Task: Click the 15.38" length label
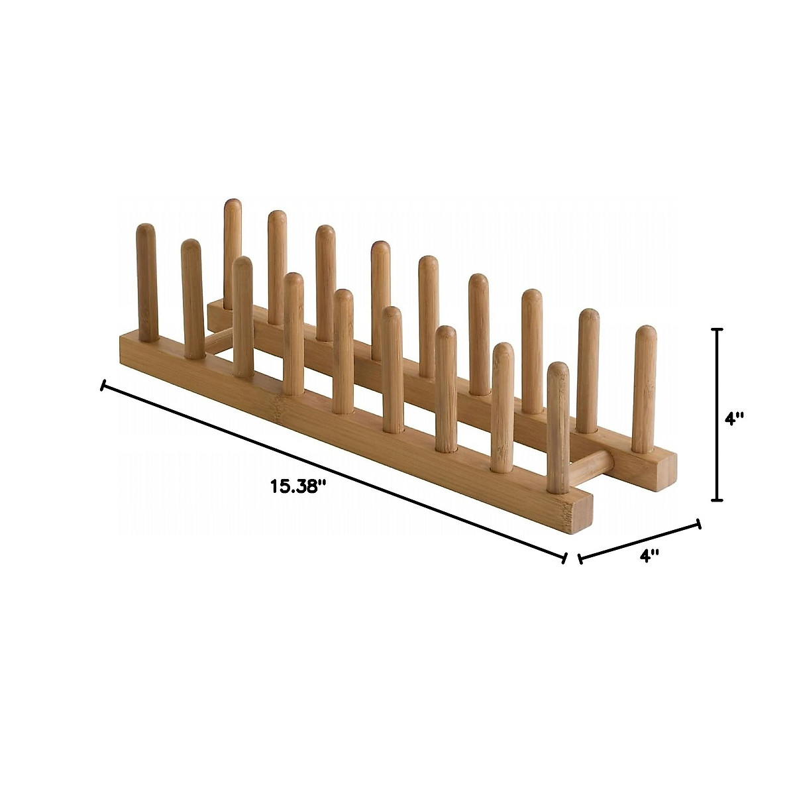298,486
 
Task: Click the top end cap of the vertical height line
716,329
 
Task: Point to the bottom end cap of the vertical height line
716,500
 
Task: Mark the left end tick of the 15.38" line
102,385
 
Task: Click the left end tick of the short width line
580,558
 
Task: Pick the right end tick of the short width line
698,524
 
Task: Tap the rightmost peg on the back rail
641,388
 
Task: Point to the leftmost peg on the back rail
232,252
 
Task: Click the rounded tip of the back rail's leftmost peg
232,205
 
